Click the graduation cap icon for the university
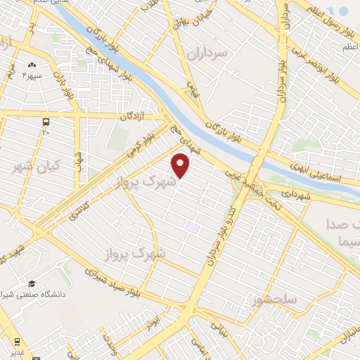(x=32, y=283)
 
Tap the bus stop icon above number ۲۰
(x=46, y=121)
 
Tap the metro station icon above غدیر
(x=16, y=342)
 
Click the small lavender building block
(x=192, y=228)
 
